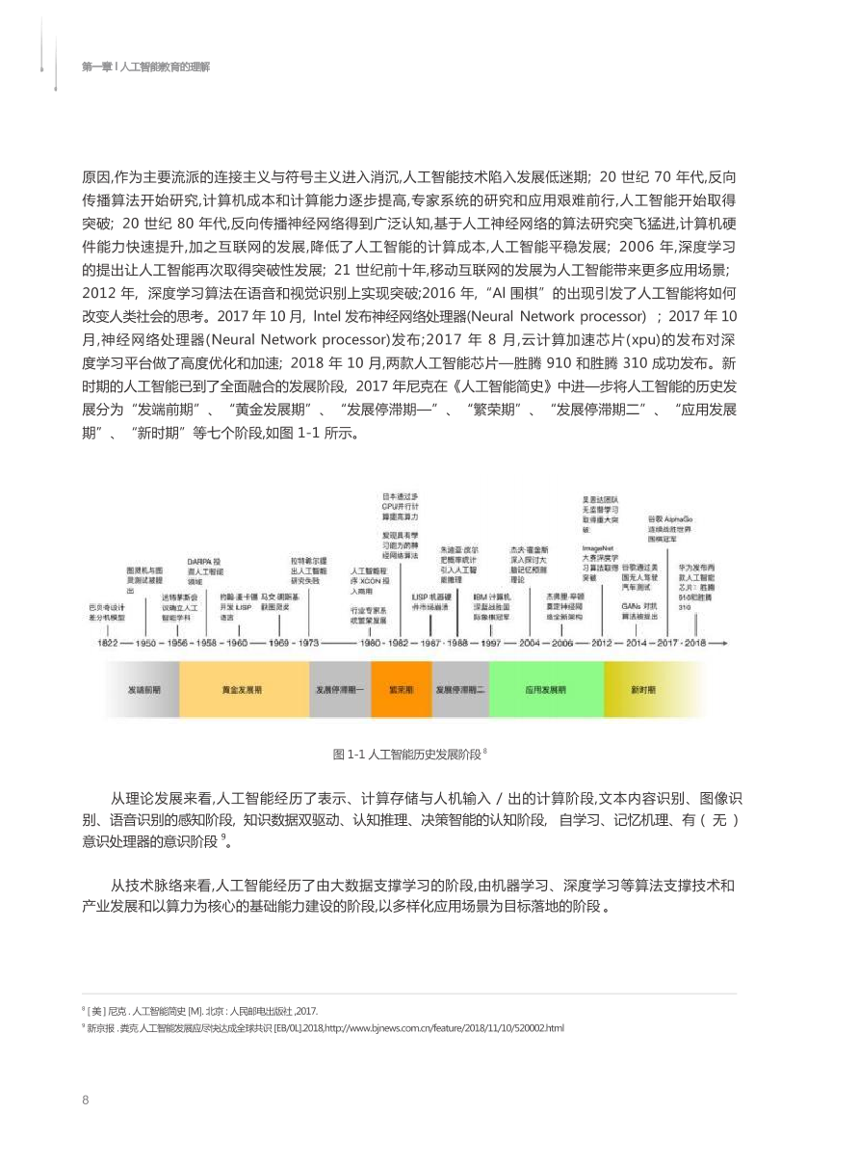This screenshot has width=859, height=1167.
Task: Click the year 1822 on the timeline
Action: coord(108,642)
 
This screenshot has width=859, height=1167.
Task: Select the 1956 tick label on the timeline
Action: coord(177,642)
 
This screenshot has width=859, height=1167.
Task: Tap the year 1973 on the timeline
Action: coord(308,642)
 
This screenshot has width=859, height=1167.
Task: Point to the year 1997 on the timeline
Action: coord(492,642)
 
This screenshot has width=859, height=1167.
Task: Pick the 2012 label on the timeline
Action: coord(602,642)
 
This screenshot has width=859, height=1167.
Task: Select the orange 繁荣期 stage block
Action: coord(402,690)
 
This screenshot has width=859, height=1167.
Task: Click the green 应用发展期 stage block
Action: coord(546,690)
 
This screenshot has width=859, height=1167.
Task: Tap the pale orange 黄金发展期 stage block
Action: coord(244,690)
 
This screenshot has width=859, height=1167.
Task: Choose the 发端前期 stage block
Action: coord(144,690)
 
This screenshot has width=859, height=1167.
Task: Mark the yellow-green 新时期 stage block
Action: coord(643,690)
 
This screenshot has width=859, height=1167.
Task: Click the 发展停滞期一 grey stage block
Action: coord(340,690)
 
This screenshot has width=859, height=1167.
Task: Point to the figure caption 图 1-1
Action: coord(409,755)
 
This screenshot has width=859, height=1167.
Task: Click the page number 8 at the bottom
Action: coord(86,1101)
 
